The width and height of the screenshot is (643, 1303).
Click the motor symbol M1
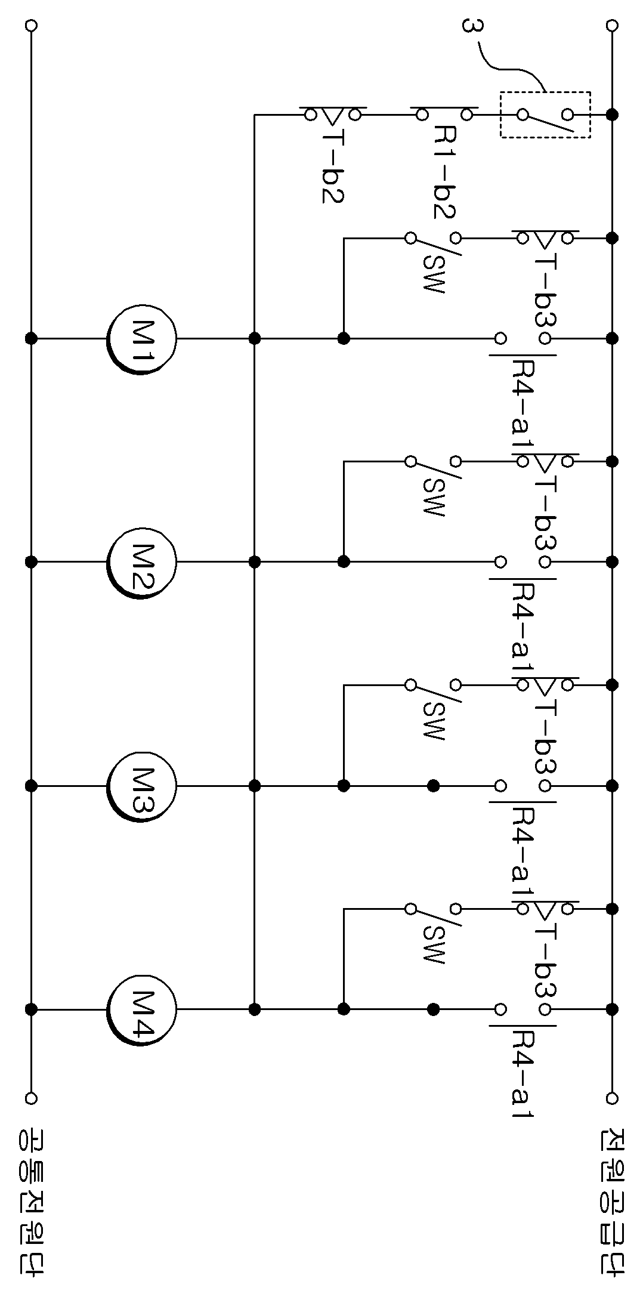tap(142, 338)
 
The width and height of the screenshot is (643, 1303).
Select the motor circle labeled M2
tap(142, 561)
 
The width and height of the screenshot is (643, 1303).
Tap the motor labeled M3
tap(142, 786)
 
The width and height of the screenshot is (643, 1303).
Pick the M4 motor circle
tap(142, 1009)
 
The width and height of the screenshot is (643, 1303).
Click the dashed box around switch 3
tap(545, 92)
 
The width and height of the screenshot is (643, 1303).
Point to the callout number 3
tap(471, 27)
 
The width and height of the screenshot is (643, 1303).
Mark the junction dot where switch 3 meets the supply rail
tap(612, 114)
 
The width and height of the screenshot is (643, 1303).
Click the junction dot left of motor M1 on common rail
tap(32, 338)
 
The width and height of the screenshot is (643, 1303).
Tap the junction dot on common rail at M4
tap(32, 1009)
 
